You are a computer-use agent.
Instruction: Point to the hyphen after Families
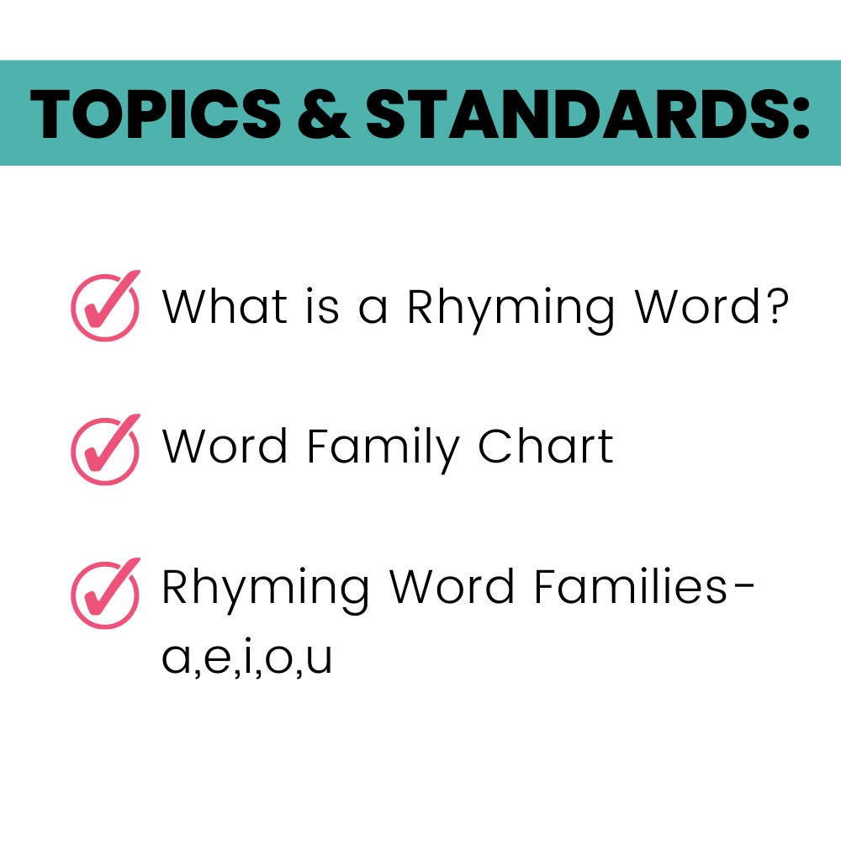743,590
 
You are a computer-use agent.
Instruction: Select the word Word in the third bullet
452,588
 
